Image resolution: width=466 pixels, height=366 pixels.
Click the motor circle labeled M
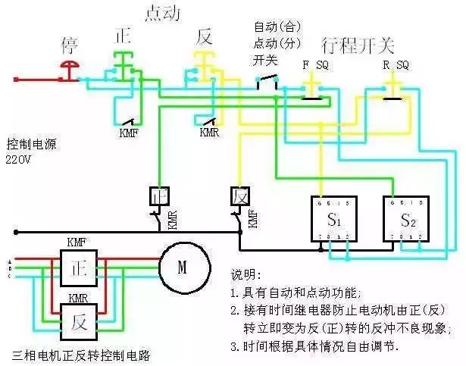pos(182,266)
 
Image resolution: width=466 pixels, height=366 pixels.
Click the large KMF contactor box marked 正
pos(77,269)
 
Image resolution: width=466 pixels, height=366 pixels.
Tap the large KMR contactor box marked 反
pos(78,321)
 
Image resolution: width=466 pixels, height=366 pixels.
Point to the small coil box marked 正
pos(159,196)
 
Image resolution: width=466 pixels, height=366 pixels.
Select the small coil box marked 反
pos(239,196)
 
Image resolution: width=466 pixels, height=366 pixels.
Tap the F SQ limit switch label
pos(314,65)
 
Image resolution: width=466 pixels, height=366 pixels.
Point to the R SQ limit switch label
pos(396,65)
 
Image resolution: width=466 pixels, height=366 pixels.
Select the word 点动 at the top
pos(162,13)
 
